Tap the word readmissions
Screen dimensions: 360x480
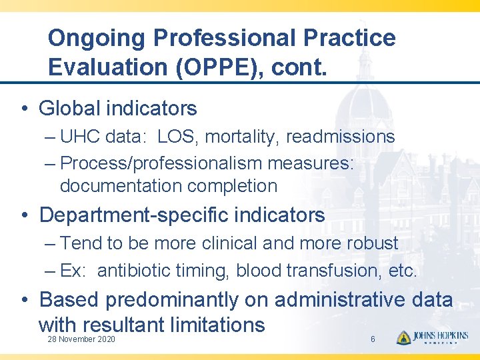[341, 137]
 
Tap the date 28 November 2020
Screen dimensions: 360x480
[81, 340]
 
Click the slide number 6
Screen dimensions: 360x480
[373, 340]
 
